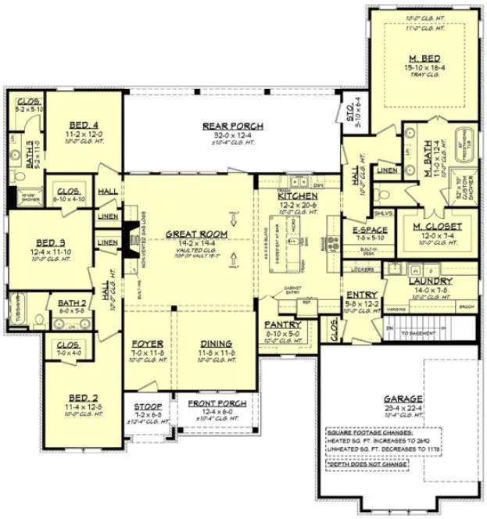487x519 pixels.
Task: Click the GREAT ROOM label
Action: point(196,234)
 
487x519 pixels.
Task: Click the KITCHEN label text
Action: point(298,195)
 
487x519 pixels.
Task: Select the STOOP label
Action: point(147,407)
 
